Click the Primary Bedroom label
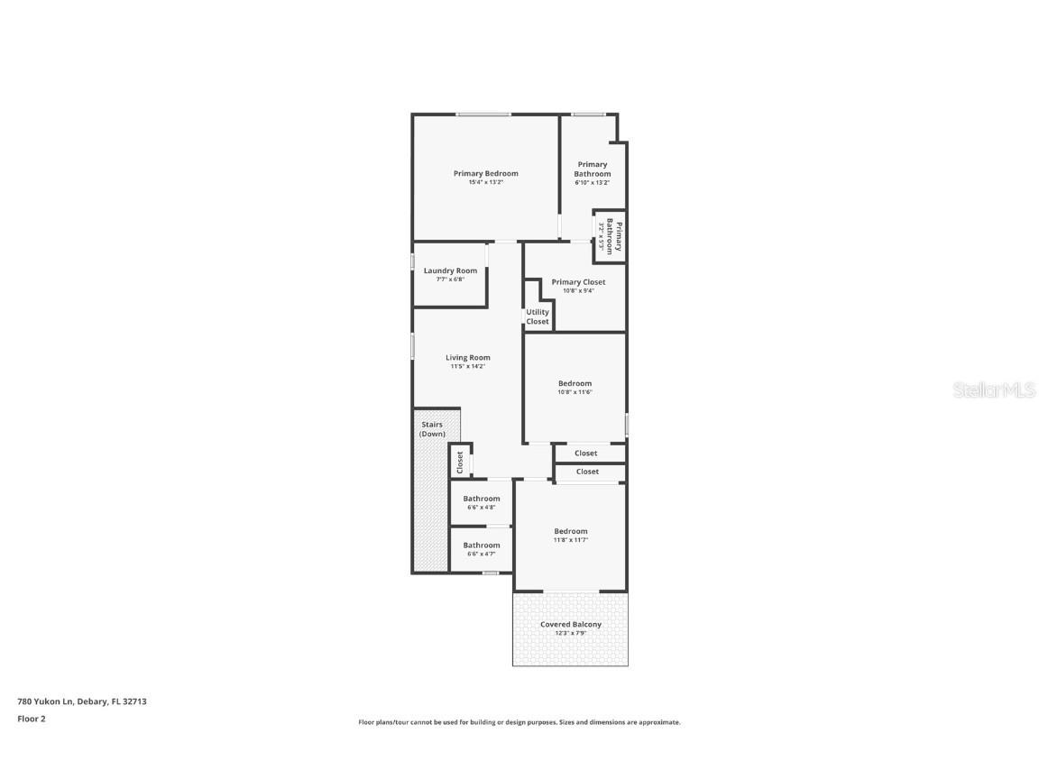click(485, 173)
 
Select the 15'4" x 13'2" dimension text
click(485, 183)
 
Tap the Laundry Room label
click(450, 270)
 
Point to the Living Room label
click(468, 357)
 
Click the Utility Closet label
click(538, 316)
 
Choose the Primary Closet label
click(578, 281)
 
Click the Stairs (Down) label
click(432, 428)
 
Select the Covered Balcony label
click(570, 624)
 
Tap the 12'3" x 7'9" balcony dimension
click(570, 634)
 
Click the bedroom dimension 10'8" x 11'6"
click(575, 392)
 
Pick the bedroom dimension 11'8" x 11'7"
click(570, 540)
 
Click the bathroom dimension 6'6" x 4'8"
click(482, 508)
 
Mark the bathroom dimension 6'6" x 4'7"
click(482, 554)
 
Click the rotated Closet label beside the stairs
click(460, 462)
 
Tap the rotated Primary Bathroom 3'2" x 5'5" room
click(611, 236)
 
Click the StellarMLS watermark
click(994, 389)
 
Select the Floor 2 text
click(31, 719)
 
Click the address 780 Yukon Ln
click(81, 701)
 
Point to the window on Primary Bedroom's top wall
click(483, 115)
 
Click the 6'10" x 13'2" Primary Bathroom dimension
click(592, 183)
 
